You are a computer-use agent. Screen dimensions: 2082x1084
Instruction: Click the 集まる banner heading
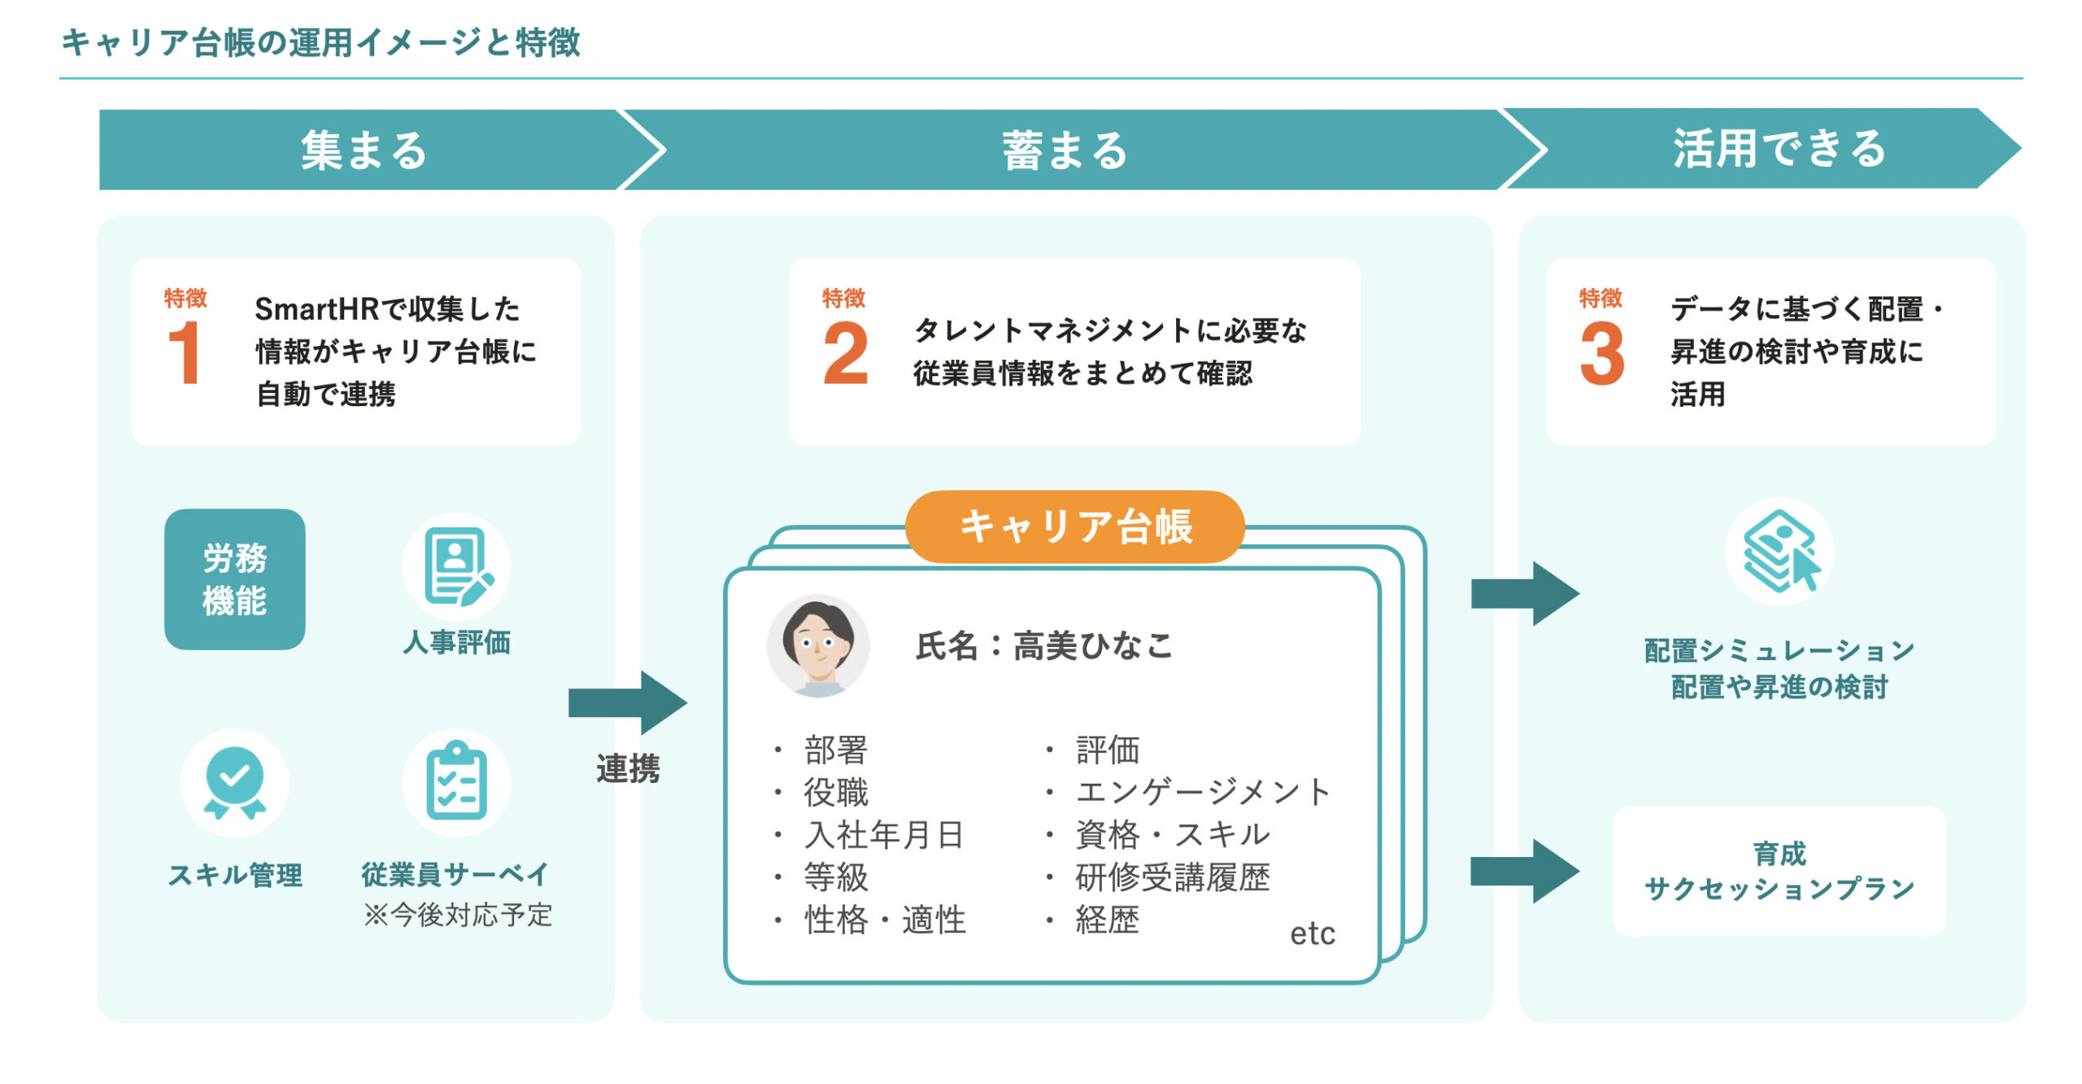[364, 151]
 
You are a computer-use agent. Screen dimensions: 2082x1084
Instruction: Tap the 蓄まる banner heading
[1065, 151]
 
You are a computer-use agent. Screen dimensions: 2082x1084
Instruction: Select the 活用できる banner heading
[1779, 149]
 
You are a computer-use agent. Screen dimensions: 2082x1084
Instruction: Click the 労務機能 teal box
[235, 579]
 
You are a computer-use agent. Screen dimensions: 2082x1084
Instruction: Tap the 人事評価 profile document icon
[457, 566]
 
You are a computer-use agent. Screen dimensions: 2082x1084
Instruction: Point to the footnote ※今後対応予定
[458, 915]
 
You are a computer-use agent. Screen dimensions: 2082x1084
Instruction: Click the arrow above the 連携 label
[628, 702]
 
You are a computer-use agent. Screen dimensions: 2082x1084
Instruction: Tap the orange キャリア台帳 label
[1075, 527]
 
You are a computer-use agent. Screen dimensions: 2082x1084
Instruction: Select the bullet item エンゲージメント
[1203, 792]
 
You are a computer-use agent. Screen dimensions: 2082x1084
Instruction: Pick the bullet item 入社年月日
[884, 835]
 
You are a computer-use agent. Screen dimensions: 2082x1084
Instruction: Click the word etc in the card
[1313, 933]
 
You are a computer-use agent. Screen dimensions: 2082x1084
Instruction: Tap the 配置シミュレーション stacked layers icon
[1779, 552]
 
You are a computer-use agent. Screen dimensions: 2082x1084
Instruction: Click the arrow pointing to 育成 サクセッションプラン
[1525, 872]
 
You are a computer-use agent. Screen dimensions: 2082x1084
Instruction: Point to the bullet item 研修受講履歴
[1173, 877]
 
